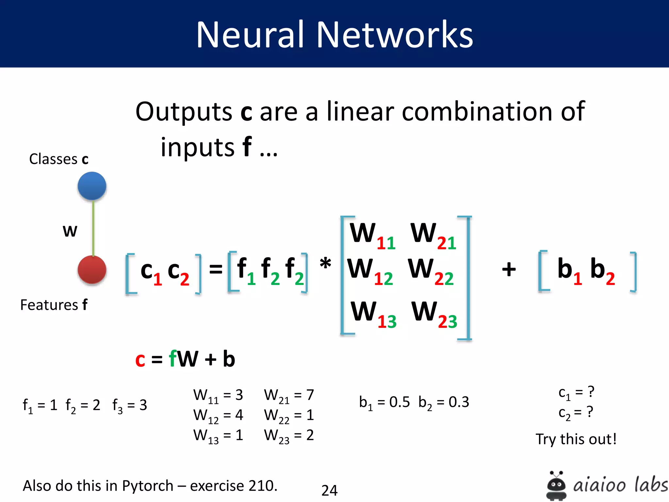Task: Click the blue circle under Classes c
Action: pyautogui.click(x=92, y=186)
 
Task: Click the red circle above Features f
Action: pyautogui.click(x=92, y=270)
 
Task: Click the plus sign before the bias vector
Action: pyautogui.click(x=509, y=269)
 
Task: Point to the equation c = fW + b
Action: pyautogui.click(x=185, y=359)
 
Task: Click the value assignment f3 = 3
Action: pyautogui.click(x=130, y=406)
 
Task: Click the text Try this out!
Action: pyautogui.click(x=576, y=439)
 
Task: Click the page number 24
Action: pyautogui.click(x=329, y=490)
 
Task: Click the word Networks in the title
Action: pyautogui.click(x=395, y=34)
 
